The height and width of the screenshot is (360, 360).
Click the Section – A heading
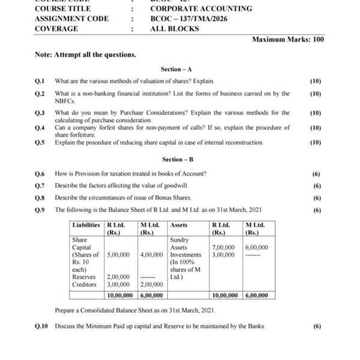pos(178,70)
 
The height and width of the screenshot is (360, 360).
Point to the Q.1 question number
pos(40,80)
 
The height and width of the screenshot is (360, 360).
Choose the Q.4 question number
pos(40,128)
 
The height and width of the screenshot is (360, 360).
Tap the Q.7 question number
pos(40,185)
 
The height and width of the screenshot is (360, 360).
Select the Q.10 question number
pos(42,326)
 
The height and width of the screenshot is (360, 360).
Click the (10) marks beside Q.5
pos(316,143)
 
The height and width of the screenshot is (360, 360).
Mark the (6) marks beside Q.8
pos(317,197)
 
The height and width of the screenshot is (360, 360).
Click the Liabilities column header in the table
pos(86,225)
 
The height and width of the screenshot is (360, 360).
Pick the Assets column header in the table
pos(179,225)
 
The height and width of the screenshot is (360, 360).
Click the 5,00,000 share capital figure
pos(119,254)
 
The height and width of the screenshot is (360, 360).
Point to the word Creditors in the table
pos(85,285)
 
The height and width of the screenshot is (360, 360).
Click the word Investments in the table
pos(187,254)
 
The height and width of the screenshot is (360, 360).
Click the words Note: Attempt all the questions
pos(85,55)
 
